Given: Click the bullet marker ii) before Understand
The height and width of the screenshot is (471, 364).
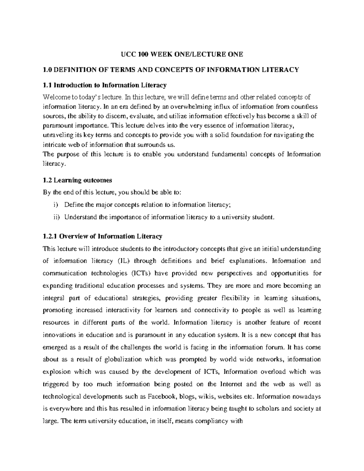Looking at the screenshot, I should point(56,217).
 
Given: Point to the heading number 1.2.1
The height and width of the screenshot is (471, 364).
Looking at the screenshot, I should point(51,236).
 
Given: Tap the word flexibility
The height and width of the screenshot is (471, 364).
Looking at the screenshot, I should point(236,298).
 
